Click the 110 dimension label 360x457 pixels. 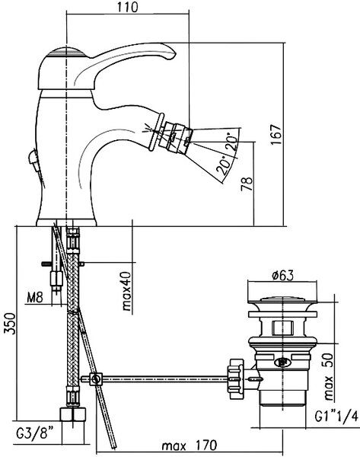(128, 7)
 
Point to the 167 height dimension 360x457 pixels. (276, 134)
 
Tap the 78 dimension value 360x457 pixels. (247, 184)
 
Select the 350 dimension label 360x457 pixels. (10, 324)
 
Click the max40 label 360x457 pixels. (126, 291)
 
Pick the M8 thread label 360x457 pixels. (35, 298)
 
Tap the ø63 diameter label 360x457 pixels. (282, 275)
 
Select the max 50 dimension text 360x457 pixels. (329, 376)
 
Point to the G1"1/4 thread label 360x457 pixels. (336, 417)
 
